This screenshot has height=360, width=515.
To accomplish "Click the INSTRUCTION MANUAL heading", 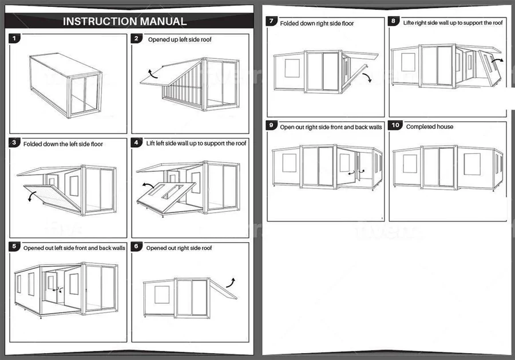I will tap(124, 22).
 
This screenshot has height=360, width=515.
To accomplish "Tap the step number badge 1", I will tap(15, 39).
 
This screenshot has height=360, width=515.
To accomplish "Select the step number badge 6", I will tap(136, 247).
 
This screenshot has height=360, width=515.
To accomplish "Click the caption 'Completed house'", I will tap(429, 126).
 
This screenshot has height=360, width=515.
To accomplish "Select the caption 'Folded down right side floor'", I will tap(316, 23).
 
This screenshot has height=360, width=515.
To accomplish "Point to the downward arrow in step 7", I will tap(367, 77).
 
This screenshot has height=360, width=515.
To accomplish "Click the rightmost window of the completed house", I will tap(472, 164).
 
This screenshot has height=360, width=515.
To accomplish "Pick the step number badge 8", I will tap(394, 22).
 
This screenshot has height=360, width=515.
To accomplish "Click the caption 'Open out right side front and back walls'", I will tap(331, 126).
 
